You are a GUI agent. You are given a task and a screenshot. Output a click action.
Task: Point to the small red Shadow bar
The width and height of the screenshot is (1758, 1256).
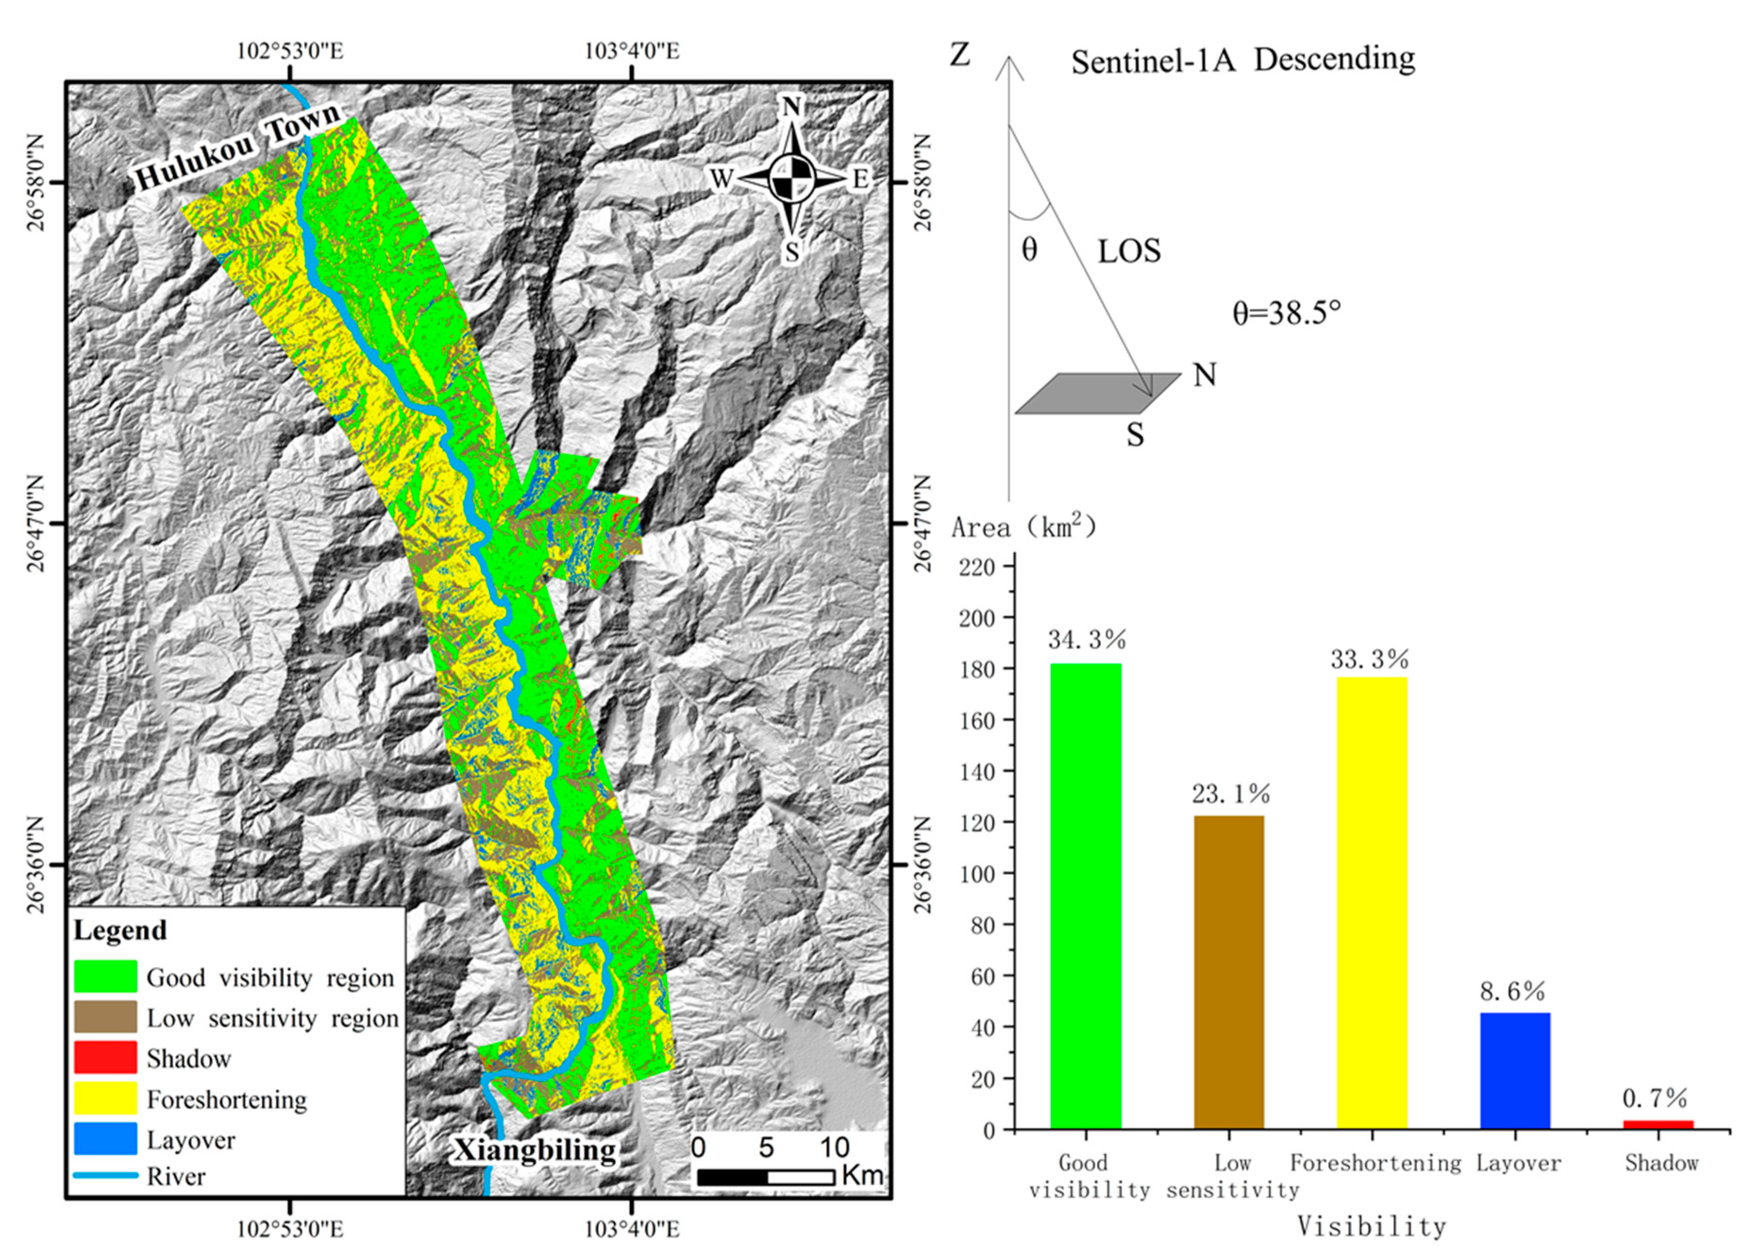(x=1658, y=1124)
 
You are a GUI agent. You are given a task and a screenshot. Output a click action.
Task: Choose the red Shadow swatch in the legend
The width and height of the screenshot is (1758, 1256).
(x=105, y=1058)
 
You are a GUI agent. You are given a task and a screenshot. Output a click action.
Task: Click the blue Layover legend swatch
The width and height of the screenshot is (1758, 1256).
(x=105, y=1139)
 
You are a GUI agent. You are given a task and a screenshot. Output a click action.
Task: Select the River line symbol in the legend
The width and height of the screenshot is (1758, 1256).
(x=105, y=1175)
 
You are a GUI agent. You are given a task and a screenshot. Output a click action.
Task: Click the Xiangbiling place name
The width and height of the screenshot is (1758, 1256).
(x=534, y=1150)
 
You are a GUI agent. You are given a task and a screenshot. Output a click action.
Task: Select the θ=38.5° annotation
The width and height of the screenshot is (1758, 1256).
(x=1286, y=313)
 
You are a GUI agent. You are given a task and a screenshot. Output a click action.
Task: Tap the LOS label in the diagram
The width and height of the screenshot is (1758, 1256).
(x=1129, y=251)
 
